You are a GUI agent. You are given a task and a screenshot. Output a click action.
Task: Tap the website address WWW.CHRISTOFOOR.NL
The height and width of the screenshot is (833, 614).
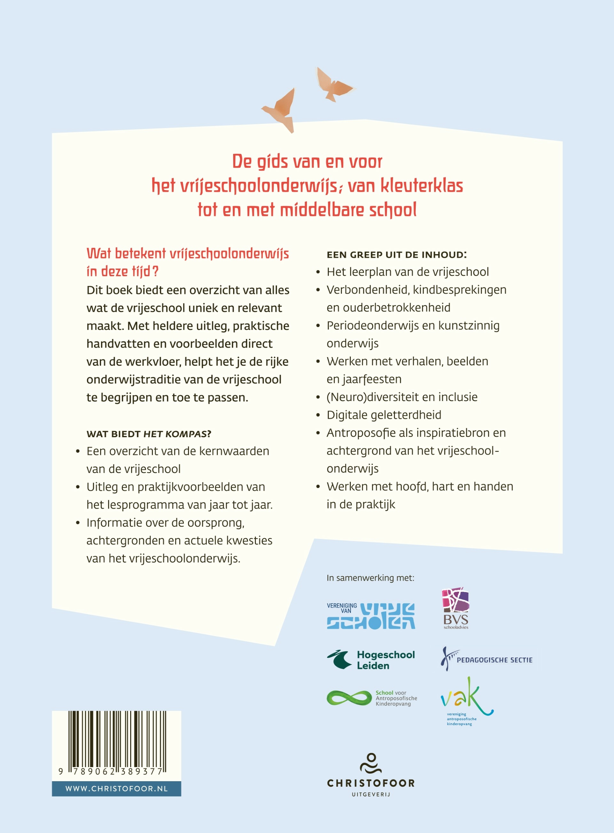pos(116,789)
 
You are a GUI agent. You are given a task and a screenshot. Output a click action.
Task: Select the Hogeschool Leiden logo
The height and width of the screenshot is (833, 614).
pos(371,660)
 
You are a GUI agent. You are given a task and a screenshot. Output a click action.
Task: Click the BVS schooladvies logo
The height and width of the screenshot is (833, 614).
pos(456,608)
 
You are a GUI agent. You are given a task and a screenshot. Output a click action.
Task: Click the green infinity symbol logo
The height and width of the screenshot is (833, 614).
pos(349,698)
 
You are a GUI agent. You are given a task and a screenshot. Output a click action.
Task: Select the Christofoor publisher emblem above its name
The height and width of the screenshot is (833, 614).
pos(371,764)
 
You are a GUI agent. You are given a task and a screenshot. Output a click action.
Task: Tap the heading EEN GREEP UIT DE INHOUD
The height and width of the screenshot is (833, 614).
pos(397,255)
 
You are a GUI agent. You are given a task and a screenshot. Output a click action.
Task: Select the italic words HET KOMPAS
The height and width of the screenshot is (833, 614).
pos(175,434)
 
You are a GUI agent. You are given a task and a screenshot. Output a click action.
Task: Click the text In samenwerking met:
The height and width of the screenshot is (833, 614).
pos(370,578)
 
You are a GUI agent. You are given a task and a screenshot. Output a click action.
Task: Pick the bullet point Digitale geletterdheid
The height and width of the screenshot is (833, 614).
pos(384,415)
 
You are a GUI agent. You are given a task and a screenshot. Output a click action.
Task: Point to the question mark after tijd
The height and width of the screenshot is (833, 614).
pos(155,271)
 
